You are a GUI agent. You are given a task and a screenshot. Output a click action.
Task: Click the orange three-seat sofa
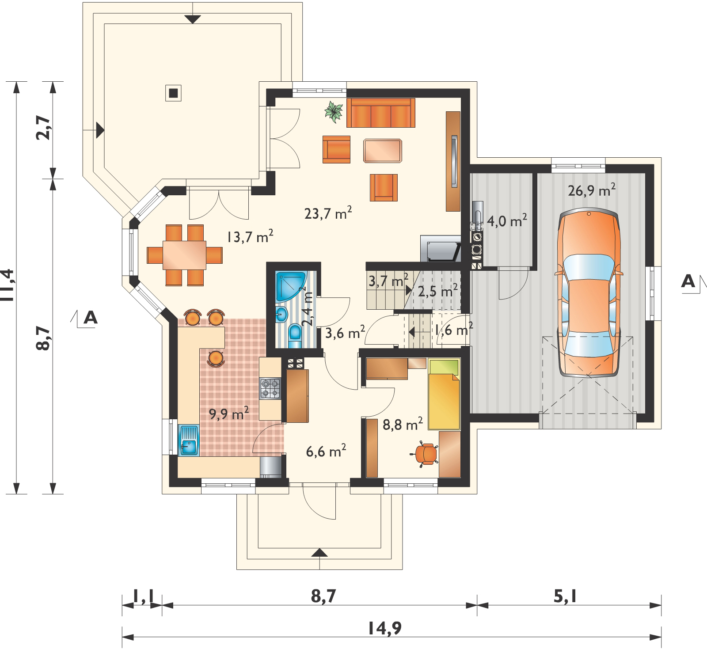point(381,113)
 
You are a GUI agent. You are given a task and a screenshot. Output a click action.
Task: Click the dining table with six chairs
point(184,255)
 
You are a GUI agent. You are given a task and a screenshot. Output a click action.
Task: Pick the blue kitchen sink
point(189,440)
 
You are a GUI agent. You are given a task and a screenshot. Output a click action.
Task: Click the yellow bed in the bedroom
point(444,394)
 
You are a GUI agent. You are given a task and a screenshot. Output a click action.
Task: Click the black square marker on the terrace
point(174,93)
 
